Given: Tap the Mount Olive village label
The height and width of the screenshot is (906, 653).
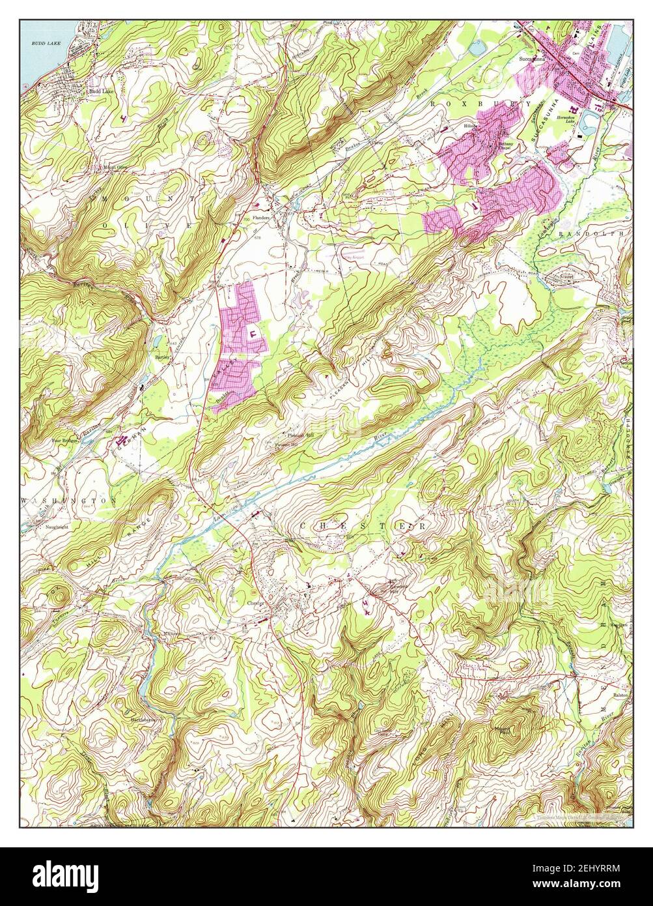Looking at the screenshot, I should [x=114, y=167].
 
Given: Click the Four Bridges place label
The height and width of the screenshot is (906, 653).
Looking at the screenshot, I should [x=65, y=441].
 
